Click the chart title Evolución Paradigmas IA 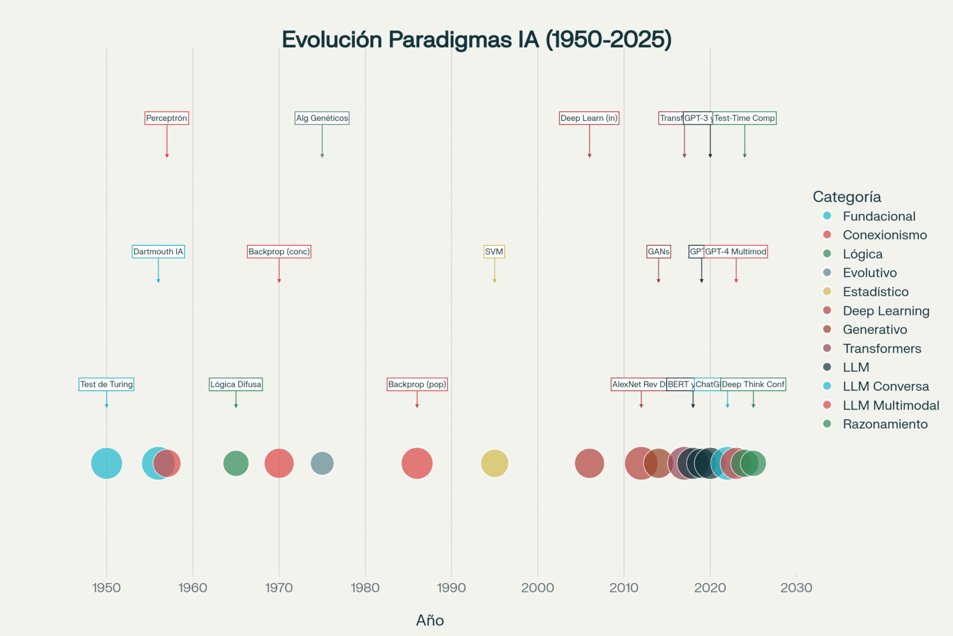476,39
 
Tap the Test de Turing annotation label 107,384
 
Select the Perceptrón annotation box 167,118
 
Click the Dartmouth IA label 158,252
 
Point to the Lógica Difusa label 236,384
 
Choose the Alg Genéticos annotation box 322,118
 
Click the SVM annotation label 494,252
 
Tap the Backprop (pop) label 417,384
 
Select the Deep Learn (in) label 589,118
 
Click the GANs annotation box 658,252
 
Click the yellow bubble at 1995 494,463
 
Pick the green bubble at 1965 236,463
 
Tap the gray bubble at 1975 322,463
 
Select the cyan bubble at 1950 107,463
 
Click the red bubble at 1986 417,463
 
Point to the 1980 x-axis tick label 365,588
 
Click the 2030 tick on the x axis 796,588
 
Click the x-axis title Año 429,621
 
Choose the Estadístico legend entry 875,291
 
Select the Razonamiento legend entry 885,424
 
